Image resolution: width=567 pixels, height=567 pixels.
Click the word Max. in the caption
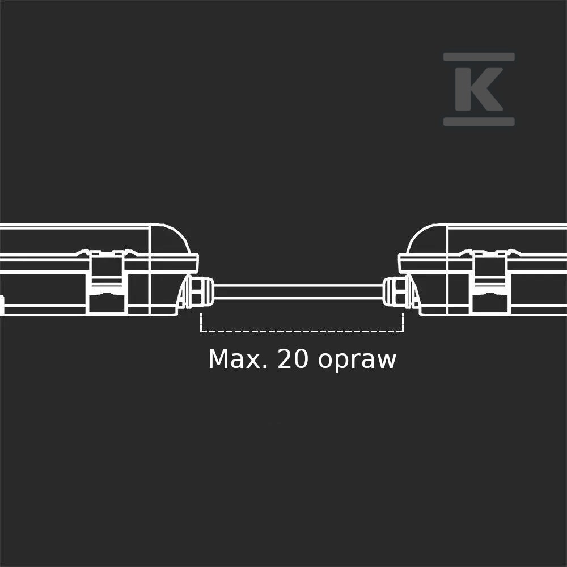(238, 359)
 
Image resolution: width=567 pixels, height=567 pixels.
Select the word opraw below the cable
(357, 361)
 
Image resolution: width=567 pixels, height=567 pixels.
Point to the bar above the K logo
(479, 57)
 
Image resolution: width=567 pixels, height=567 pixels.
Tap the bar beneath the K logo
(479, 121)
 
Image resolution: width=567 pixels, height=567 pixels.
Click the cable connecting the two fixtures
(299, 292)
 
